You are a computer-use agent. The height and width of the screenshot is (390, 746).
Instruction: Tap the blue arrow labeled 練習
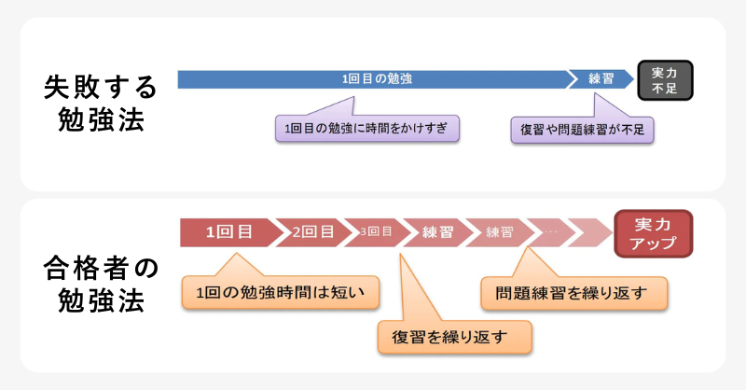(600, 78)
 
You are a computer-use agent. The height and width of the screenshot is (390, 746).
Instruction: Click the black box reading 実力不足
(666, 79)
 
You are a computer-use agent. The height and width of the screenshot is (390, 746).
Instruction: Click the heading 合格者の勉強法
(101, 286)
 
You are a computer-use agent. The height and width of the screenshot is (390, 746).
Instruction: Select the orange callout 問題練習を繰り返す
(574, 292)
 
